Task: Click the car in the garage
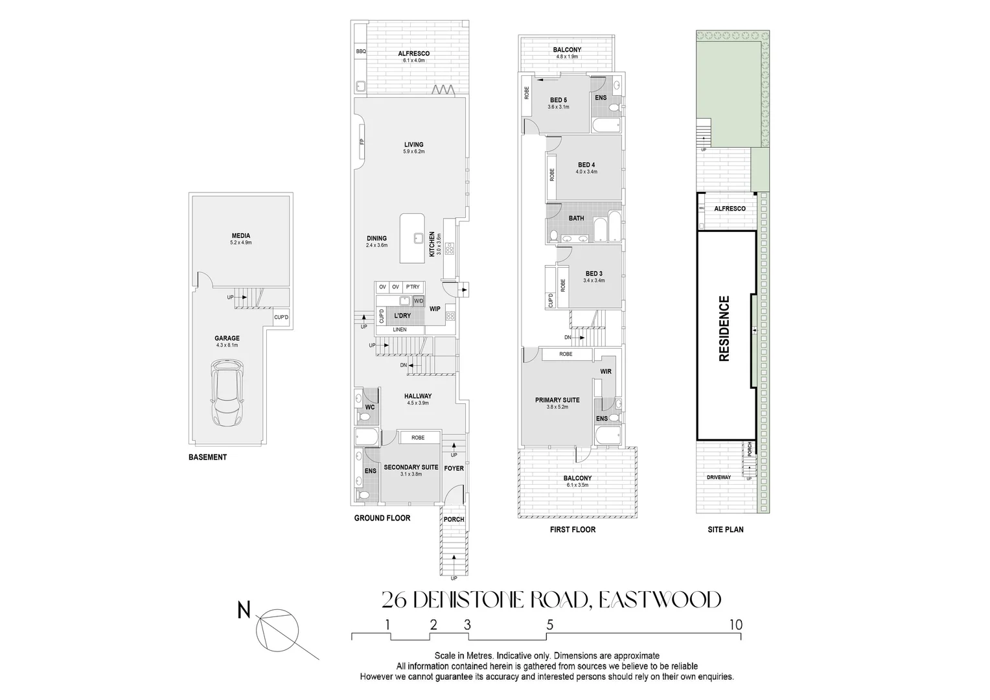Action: pos(227,393)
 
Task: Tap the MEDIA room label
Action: pos(241,236)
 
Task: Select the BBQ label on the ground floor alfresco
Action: pos(361,51)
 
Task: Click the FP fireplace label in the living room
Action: pos(361,141)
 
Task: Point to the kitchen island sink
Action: pos(419,239)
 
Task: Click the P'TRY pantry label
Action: pos(413,287)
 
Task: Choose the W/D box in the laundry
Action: pos(419,301)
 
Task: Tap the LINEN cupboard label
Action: pos(400,329)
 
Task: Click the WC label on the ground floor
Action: pos(370,407)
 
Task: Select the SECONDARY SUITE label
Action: pos(411,467)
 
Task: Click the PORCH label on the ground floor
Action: pos(454,519)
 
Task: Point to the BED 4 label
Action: pos(586,165)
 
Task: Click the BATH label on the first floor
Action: pos(577,218)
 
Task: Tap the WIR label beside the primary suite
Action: pos(606,371)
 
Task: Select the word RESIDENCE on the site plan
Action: pos(724,329)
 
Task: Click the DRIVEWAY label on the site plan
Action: pos(719,477)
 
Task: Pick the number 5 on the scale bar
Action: pos(550,624)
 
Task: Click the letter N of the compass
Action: pos(244,611)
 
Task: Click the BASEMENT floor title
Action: pos(208,457)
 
